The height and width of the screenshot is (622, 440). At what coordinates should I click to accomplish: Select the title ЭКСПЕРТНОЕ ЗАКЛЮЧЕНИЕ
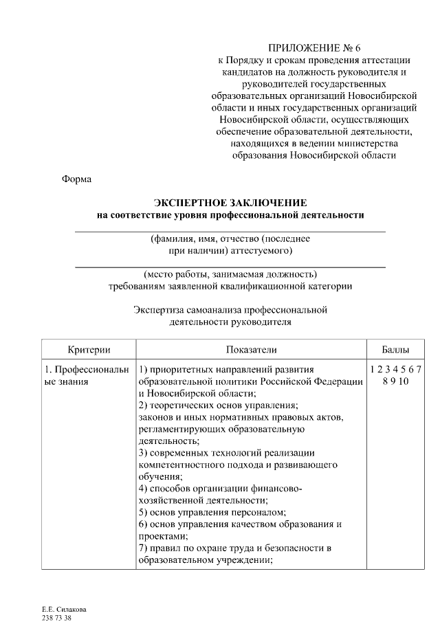tap(230, 203)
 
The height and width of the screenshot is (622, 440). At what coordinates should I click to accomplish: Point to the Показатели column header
tap(250, 349)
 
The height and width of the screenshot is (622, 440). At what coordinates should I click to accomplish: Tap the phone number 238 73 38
tap(57, 618)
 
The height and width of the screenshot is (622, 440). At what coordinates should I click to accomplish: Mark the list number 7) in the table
tap(143, 548)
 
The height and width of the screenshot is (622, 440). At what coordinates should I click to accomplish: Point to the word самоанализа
tap(209, 309)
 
